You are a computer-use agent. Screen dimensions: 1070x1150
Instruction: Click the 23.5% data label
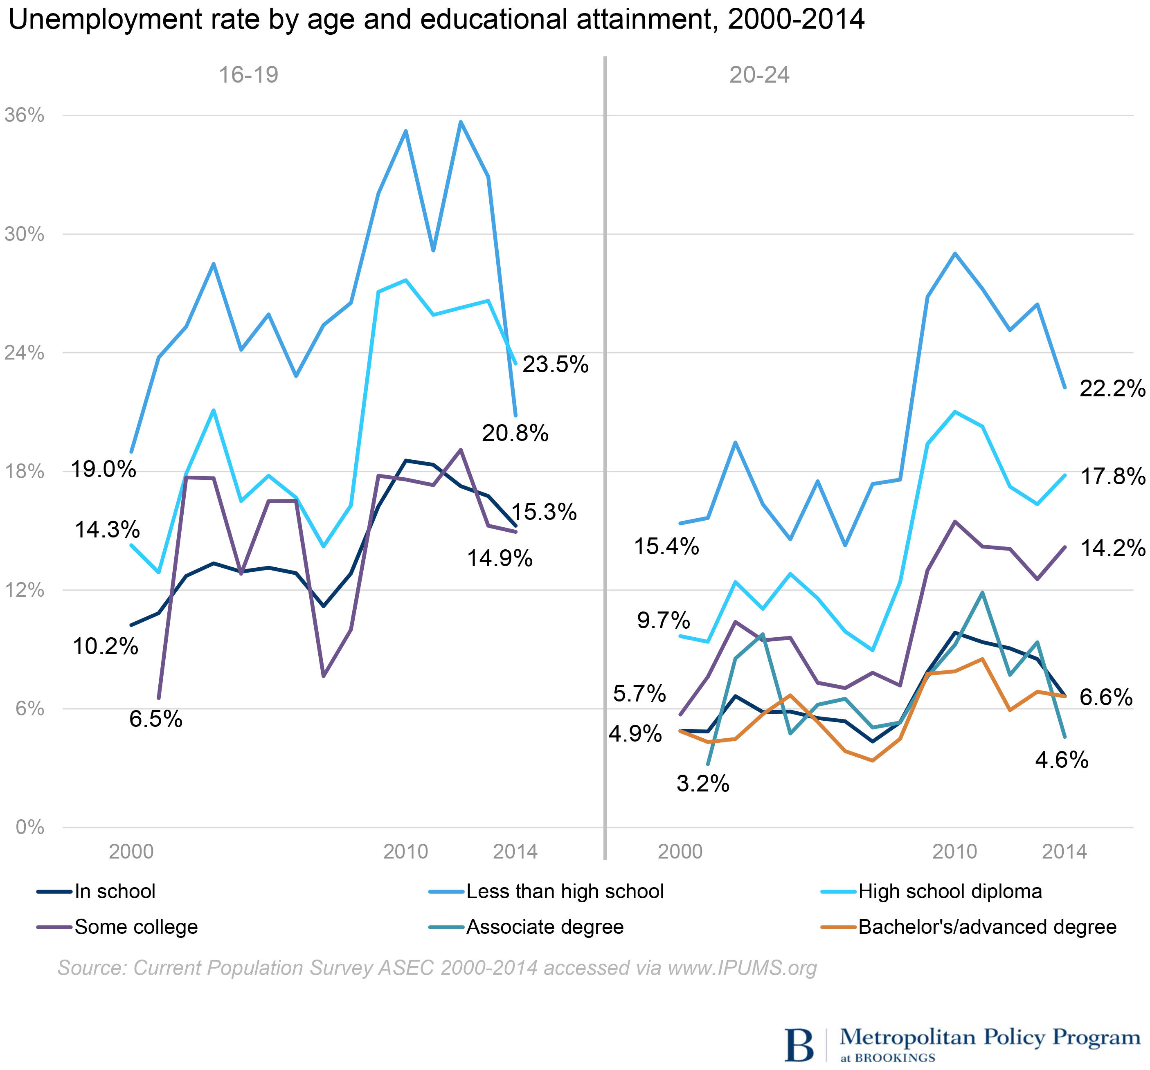pyautogui.click(x=555, y=364)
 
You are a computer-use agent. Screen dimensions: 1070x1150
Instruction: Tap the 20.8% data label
pyautogui.click(x=515, y=433)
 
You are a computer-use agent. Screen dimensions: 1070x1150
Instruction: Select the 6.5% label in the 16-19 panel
pyautogui.click(x=155, y=719)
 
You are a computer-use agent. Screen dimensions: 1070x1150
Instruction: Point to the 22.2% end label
pyautogui.click(x=1112, y=389)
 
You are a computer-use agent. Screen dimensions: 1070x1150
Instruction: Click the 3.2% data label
pyautogui.click(x=703, y=784)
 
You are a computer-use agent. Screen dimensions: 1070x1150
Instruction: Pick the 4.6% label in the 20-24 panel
pyautogui.click(x=1062, y=760)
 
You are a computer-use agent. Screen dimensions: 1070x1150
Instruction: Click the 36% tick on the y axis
pyautogui.click(x=24, y=115)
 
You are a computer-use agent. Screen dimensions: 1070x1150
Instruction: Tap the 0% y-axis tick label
pyautogui.click(x=30, y=827)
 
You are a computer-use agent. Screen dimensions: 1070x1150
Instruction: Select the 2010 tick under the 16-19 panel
pyautogui.click(x=405, y=851)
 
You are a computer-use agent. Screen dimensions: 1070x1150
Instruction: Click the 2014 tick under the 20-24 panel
pyautogui.click(x=1064, y=851)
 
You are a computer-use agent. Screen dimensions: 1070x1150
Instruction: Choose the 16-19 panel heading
pyautogui.click(x=248, y=75)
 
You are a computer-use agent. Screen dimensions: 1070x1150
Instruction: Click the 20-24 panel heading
pyautogui.click(x=759, y=75)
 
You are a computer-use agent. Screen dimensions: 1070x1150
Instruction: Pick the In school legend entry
pyautogui.click(x=115, y=891)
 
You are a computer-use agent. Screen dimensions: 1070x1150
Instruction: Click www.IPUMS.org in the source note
pyautogui.click(x=742, y=968)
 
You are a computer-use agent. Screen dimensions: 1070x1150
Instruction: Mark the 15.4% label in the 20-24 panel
pyautogui.click(x=666, y=546)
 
